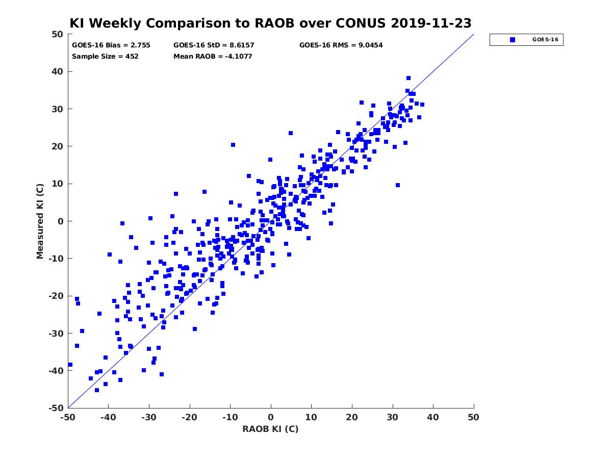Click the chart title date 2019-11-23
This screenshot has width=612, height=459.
click(431, 23)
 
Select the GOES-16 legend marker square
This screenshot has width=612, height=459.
click(513, 40)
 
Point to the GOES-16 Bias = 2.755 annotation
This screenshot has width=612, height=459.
click(111, 45)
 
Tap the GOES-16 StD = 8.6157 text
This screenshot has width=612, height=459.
click(214, 45)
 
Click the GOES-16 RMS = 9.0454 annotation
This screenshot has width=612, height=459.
click(341, 45)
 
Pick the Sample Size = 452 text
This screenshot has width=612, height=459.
click(105, 56)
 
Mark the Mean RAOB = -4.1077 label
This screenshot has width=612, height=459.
click(213, 56)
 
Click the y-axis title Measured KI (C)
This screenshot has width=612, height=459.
click(40, 221)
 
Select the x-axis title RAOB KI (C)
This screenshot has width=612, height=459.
click(270, 429)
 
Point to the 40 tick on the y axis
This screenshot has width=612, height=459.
click(58, 71)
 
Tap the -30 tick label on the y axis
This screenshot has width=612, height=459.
click(56, 334)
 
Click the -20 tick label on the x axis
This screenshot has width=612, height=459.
click(190, 417)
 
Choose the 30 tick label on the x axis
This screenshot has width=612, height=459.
click(393, 417)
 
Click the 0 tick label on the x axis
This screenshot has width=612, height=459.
click(271, 417)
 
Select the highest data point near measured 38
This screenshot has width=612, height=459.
click(409, 78)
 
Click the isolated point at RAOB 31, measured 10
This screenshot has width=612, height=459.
click(398, 185)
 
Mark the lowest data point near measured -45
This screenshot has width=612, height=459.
click(97, 390)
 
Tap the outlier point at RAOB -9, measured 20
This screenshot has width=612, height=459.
click(233, 145)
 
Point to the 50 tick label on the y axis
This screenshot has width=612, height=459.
click(58, 34)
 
